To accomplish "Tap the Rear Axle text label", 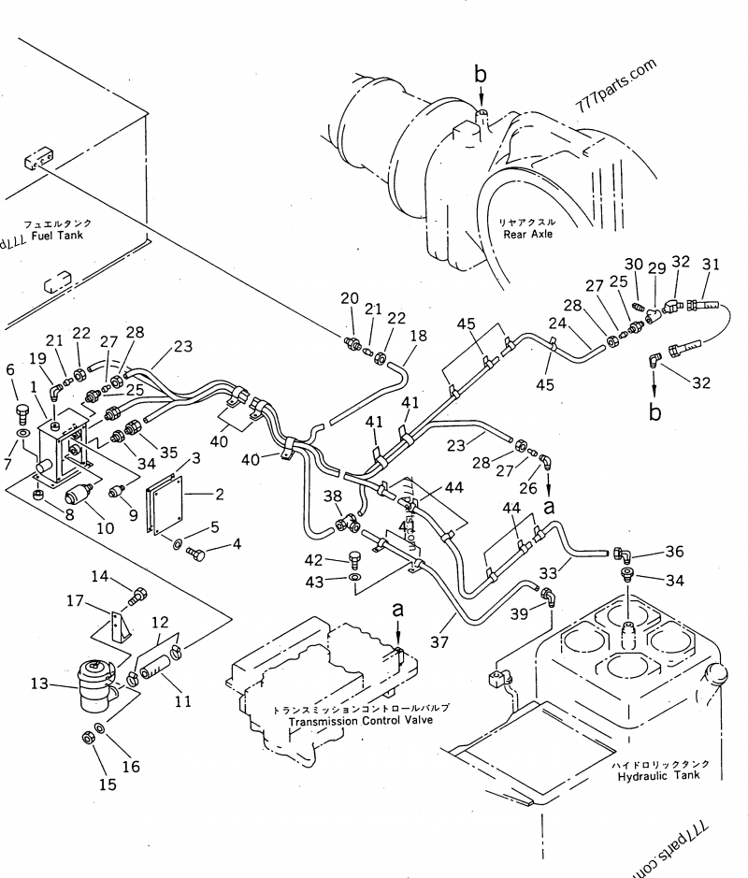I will (x=528, y=234).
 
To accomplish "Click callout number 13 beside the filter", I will (x=38, y=684).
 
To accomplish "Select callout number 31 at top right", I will (x=711, y=265).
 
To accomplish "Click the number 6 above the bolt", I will (x=11, y=370).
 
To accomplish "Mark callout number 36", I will (x=674, y=552).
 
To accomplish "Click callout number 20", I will (x=349, y=298).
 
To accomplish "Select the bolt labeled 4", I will (x=197, y=555).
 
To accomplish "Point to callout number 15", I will (x=108, y=784).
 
